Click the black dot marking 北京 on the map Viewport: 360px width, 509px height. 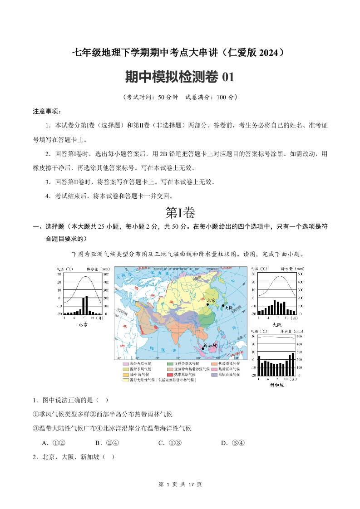point(208,304)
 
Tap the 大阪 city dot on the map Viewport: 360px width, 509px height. point(222,306)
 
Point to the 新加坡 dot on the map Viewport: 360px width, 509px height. point(202,348)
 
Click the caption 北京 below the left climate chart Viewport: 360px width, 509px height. point(83,324)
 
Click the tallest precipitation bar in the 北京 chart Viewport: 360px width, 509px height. point(86,305)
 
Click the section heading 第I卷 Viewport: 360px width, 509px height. point(180,212)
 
